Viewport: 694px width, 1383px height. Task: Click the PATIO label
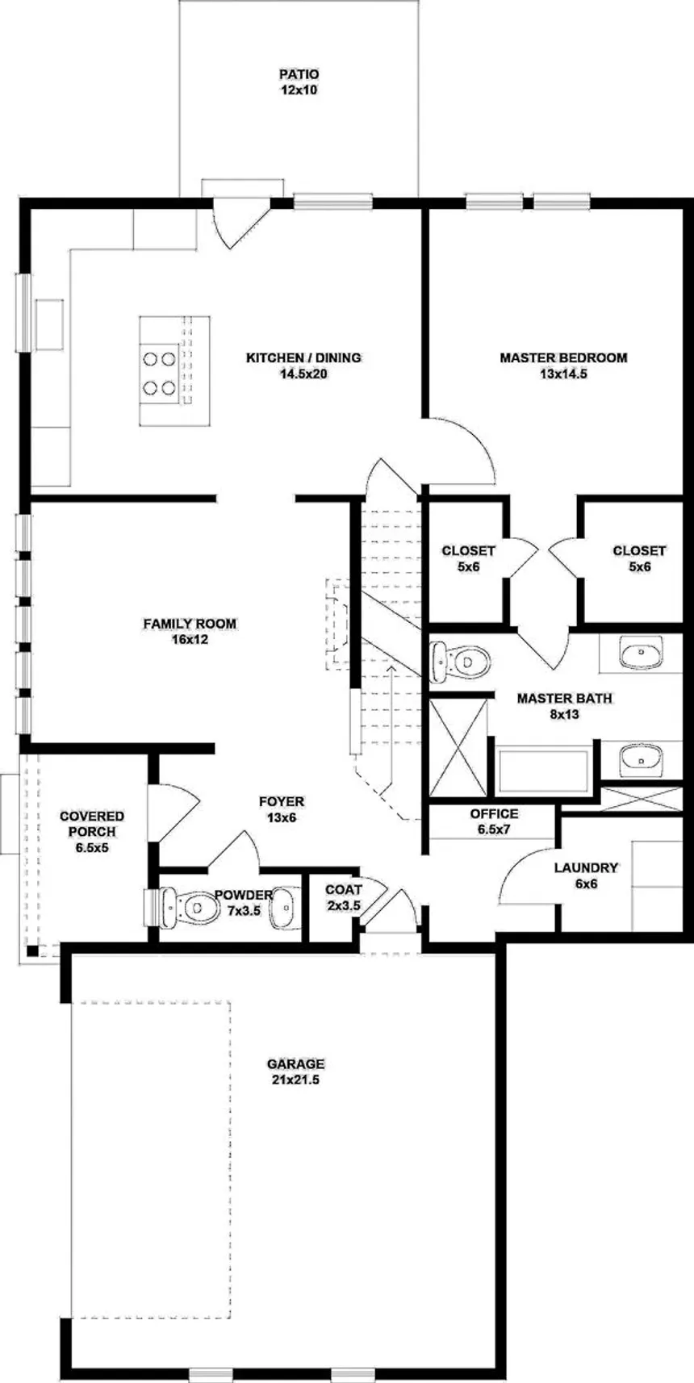coord(299,82)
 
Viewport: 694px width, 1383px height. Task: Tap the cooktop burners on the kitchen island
coord(159,372)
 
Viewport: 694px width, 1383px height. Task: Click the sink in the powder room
coord(284,909)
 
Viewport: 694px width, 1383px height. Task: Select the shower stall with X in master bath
coord(458,747)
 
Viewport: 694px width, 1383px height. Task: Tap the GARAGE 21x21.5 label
coord(295,1072)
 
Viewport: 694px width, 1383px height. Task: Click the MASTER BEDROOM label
coord(562,365)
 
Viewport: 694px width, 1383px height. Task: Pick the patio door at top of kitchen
coord(240,220)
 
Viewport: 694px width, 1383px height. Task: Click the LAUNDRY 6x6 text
coord(586,875)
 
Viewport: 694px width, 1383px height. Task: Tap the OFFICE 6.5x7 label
coord(494,821)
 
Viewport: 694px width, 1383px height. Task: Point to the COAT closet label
coord(344,897)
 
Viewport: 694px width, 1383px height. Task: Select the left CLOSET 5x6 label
coord(468,558)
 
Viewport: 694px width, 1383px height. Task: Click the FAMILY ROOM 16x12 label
coord(190,631)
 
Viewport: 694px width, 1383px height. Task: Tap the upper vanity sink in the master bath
coord(642,651)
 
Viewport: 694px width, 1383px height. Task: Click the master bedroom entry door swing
coord(457,448)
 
